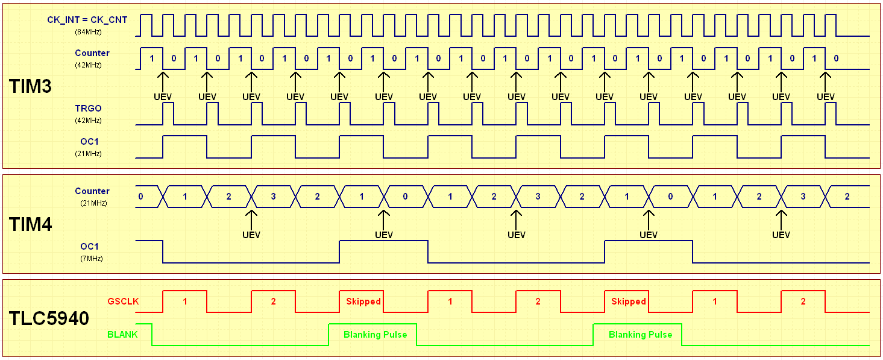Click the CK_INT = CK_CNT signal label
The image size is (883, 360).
click(x=87, y=20)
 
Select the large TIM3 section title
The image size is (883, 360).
click(x=31, y=86)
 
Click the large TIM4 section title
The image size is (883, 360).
click(x=31, y=224)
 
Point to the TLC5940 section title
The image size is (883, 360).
click(x=49, y=318)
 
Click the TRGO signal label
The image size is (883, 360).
click(x=88, y=109)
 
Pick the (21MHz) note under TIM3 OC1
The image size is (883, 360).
click(x=88, y=154)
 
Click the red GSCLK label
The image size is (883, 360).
click(x=123, y=302)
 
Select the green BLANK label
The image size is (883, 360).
click(x=122, y=334)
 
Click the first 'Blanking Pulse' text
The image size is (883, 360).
click(x=375, y=335)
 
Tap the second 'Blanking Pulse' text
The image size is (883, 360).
click(x=640, y=335)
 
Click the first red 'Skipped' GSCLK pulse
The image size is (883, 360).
click(x=363, y=302)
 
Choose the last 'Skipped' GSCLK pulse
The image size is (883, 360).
click(x=628, y=302)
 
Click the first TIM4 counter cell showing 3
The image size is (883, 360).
click(x=273, y=197)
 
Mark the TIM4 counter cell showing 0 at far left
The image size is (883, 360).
click(x=140, y=197)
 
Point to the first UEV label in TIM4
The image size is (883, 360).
click(x=251, y=235)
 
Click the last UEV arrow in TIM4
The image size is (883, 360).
click(x=781, y=217)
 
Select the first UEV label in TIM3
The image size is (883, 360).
click(x=162, y=96)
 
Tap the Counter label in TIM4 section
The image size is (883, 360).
click(x=92, y=191)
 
